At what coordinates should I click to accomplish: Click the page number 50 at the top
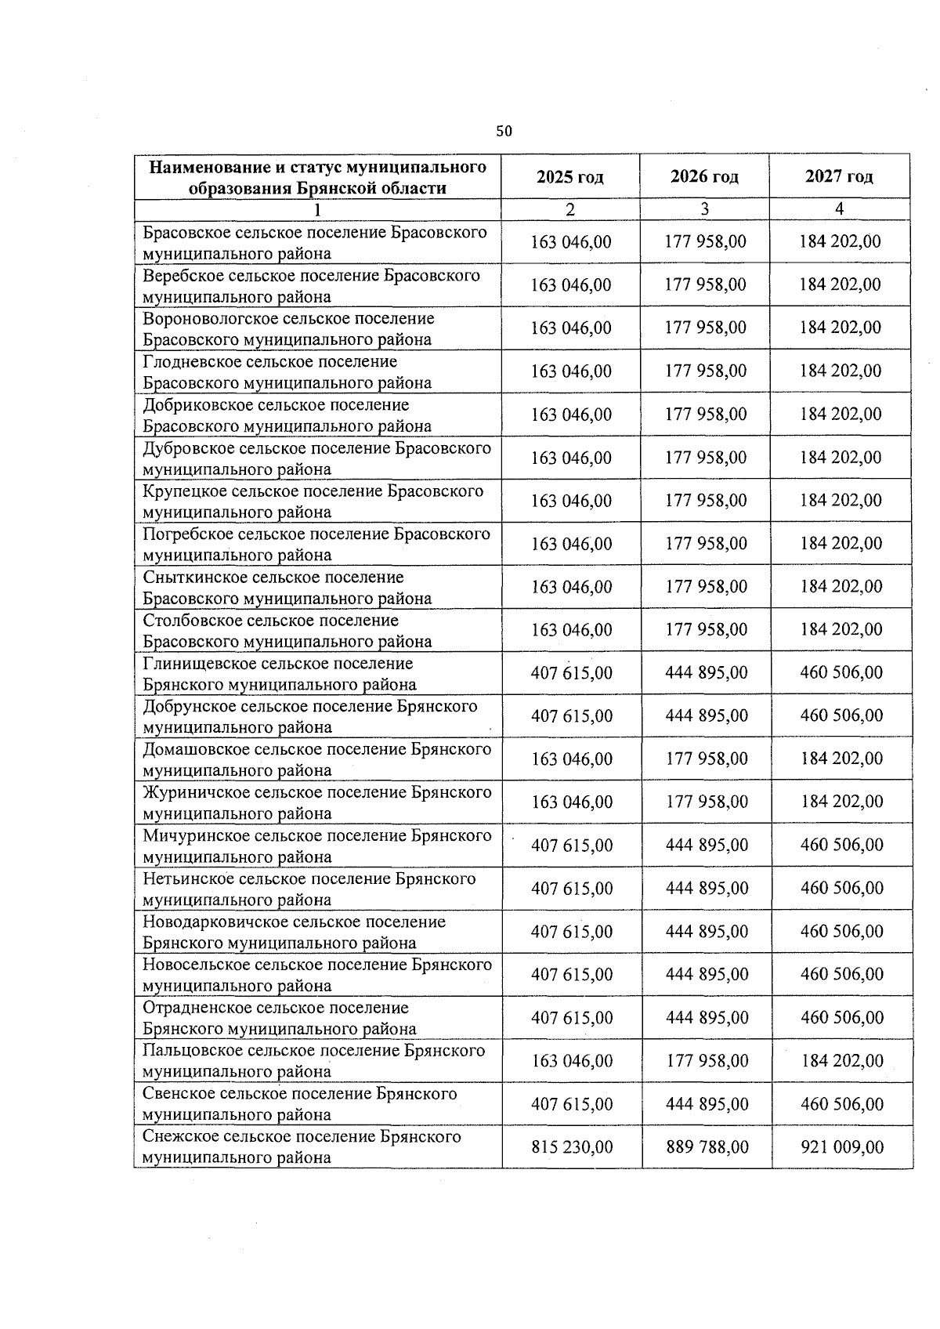pos(504,131)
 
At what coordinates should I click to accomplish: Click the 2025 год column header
pos(569,177)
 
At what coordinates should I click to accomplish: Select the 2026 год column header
pos(704,177)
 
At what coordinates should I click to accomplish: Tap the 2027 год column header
pos(839,177)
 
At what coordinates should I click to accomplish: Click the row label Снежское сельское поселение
pos(302,1146)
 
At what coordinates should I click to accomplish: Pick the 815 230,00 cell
pos(572,1147)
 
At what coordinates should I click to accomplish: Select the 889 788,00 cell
pos(707,1147)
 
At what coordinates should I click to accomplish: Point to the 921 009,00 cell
pos(842,1147)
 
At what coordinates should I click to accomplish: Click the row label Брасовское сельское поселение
pos(314,243)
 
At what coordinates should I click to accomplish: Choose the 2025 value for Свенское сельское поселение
pos(572,1104)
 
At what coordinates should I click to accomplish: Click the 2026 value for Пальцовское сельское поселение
pos(707,1061)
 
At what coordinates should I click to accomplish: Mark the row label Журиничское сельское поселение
pos(316,802)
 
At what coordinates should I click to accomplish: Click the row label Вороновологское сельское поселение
pos(287,329)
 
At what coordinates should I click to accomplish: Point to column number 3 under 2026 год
pos(704,209)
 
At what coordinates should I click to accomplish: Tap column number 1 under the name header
pos(316,209)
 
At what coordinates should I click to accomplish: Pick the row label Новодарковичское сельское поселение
pos(294,932)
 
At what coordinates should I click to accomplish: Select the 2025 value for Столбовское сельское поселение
pos(571,630)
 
